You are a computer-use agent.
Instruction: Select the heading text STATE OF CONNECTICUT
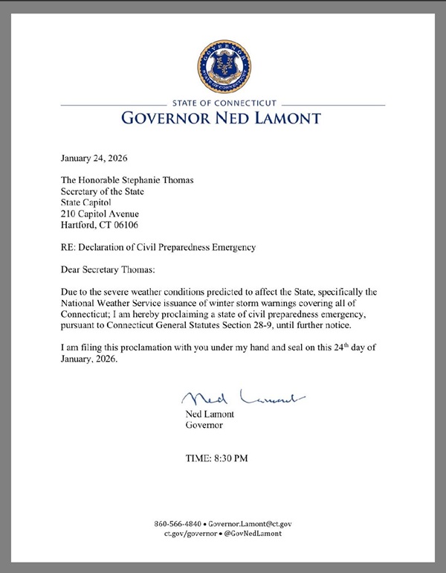pyautogui.click(x=224, y=103)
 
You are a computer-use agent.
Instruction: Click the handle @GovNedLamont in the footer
pyautogui.click(x=255, y=534)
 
